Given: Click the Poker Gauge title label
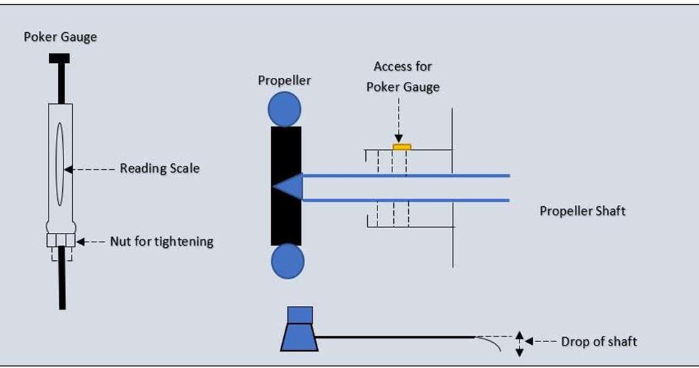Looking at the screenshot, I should [x=60, y=37].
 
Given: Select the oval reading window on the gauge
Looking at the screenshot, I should [x=60, y=164].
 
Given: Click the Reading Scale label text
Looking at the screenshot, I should [x=160, y=168].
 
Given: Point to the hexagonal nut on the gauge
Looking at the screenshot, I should [x=60, y=240].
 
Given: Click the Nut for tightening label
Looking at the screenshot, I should [x=162, y=241].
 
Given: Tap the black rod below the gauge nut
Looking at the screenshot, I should [x=62, y=280].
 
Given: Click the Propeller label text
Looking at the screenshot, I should [x=284, y=81].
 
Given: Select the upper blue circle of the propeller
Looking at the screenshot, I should [x=285, y=109].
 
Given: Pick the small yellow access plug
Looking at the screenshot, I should [x=401, y=146].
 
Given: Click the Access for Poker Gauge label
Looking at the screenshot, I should [x=403, y=76].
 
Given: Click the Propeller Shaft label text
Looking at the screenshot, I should [x=582, y=211].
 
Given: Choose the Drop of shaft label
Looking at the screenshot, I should [x=599, y=341].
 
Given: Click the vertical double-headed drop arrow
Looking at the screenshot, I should [x=519, y=343].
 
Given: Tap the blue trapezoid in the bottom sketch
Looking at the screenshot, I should [x=299, y=337].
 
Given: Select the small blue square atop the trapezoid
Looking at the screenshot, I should [x=300, y=315].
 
